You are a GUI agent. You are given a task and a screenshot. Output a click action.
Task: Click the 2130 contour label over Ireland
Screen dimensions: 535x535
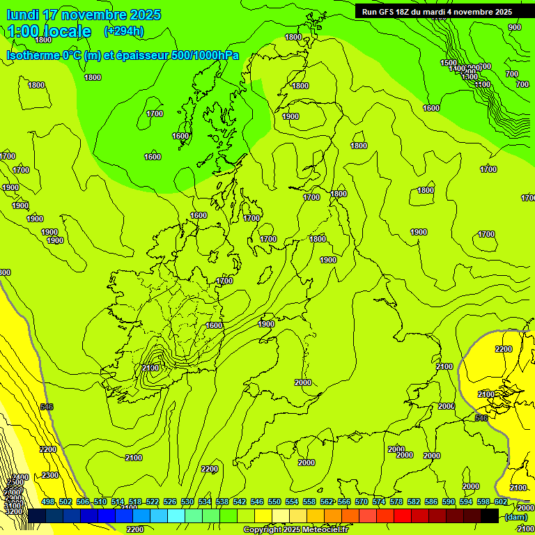[x=150, y=368]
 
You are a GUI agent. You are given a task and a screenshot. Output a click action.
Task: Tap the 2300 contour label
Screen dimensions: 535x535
[x=50, y=475]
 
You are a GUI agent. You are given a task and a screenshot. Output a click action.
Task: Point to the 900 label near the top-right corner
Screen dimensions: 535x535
[x=514, y=27]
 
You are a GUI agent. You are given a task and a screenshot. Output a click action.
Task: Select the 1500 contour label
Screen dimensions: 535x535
[x=449, y=63]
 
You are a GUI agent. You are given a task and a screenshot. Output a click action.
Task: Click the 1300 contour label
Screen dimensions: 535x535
[x=470, y=77]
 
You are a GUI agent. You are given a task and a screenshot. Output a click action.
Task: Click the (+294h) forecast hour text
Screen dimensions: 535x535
[x=124, y=31]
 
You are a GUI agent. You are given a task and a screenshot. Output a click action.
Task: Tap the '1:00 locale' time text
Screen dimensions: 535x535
[x=49, y=31]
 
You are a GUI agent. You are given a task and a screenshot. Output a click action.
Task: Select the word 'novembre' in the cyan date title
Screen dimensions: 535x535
[x=92, y=15]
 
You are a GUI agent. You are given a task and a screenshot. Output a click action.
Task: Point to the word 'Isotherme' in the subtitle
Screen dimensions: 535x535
[x=33, y=55]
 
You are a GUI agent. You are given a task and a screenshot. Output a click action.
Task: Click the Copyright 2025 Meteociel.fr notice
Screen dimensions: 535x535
[x=295, y=530]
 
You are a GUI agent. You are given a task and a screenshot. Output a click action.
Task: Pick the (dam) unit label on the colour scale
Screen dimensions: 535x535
[x=515, y=517]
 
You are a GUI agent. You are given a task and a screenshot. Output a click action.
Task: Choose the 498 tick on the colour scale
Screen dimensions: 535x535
[x=48, y=502]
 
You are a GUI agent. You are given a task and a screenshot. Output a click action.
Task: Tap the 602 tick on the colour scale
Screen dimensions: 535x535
[x=501, y=502]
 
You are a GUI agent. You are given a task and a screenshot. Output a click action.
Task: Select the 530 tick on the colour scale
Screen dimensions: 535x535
[x=187, y=502]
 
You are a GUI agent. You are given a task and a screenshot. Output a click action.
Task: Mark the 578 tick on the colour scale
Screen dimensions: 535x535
[x=396, y=502]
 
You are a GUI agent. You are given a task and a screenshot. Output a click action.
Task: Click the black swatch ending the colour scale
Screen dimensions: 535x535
[x=490, y=515]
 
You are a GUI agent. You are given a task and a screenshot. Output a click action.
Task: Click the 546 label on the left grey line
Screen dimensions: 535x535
[x=47, y=407]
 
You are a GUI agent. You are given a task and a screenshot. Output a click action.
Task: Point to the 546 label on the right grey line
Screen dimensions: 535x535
[x=481, y=418]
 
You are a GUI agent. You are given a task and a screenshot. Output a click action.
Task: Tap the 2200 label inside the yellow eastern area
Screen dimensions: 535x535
[x=504, y=349]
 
